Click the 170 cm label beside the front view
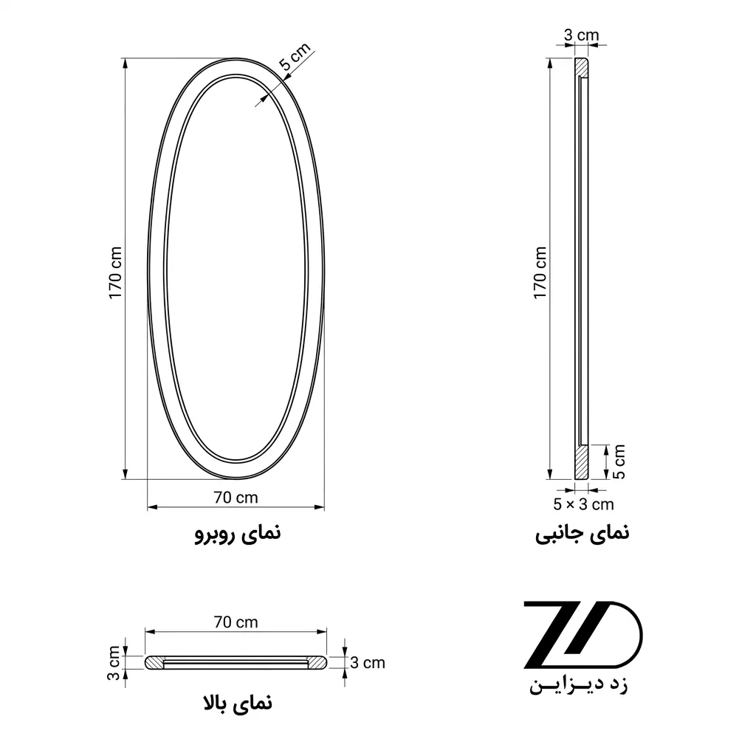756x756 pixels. click(115, 273)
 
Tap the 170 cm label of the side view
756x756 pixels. click(540, 273)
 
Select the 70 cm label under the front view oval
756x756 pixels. click(236, 497)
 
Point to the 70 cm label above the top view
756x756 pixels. click(236, 622)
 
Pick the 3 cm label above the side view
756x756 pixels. click(582, 35)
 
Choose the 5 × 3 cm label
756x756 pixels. click(583, 504)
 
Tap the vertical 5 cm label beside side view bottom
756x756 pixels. click(619, 462)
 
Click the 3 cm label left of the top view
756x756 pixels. click(113, 663)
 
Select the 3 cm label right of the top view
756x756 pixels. click(368, 663)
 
